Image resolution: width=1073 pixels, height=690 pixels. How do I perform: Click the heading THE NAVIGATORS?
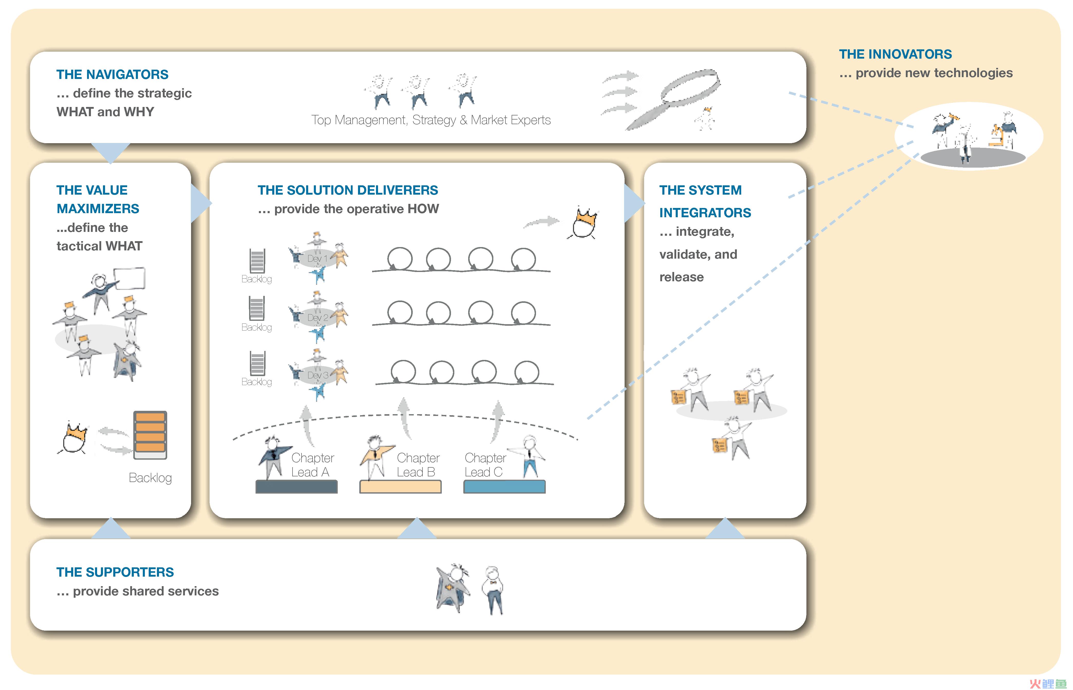tap(112, 74)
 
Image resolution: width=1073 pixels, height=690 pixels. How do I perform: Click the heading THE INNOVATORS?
tap(895, 54)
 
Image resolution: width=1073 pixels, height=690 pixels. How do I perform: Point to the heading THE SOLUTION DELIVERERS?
tap(348, 190)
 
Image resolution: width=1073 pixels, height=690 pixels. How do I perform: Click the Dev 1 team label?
tap(317, 259)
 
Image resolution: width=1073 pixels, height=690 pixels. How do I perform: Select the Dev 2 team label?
tap(317, 318)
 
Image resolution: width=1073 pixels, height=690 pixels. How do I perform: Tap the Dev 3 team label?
tap(317, 375)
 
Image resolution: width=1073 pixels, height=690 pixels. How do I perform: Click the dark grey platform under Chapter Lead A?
tap(296, 487)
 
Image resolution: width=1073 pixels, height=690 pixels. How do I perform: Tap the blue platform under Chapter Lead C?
tap(504, 487)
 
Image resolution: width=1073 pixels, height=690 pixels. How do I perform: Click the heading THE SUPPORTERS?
tap(115, 572)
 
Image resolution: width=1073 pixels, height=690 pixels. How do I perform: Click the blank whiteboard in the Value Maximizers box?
tap(129, 279)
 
